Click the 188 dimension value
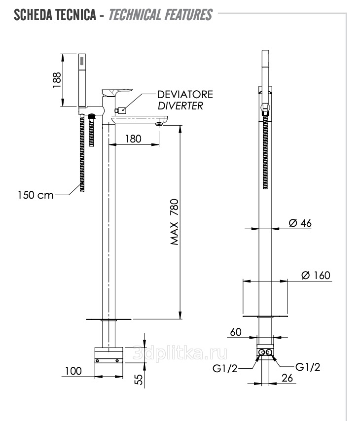[57, 80]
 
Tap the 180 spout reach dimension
[133, 139]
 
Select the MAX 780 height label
[175, 222]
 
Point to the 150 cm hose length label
[36, 195]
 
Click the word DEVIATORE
[185, 95]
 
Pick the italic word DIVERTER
[180, 106]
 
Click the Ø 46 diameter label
[300, 223]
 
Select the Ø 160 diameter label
[316, 275]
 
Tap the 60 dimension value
[236, 332]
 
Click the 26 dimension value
[287, 378]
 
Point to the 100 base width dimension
[73, 371]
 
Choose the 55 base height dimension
[140, 380]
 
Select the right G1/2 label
[308, 367]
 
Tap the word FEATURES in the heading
[188, 15]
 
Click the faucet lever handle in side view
[117, 92]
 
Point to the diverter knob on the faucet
[120, 110]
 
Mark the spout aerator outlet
[160, 124]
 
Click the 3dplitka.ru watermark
[180, 353]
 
